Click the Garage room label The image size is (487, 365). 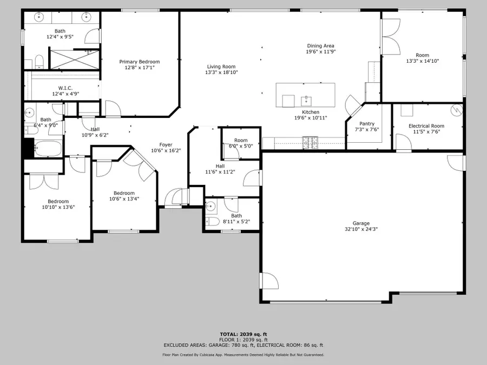361,223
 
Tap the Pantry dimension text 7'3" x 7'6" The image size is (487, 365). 367,130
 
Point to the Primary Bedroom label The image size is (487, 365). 140,62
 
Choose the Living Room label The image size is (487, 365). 221,67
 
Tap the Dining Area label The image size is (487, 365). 321,46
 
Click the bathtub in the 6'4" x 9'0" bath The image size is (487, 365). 49,147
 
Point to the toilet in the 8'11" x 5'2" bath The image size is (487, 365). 213,222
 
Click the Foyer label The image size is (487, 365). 166,144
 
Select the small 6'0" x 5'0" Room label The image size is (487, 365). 241,140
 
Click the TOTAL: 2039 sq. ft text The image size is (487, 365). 243,334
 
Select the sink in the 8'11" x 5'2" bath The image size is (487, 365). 211,205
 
